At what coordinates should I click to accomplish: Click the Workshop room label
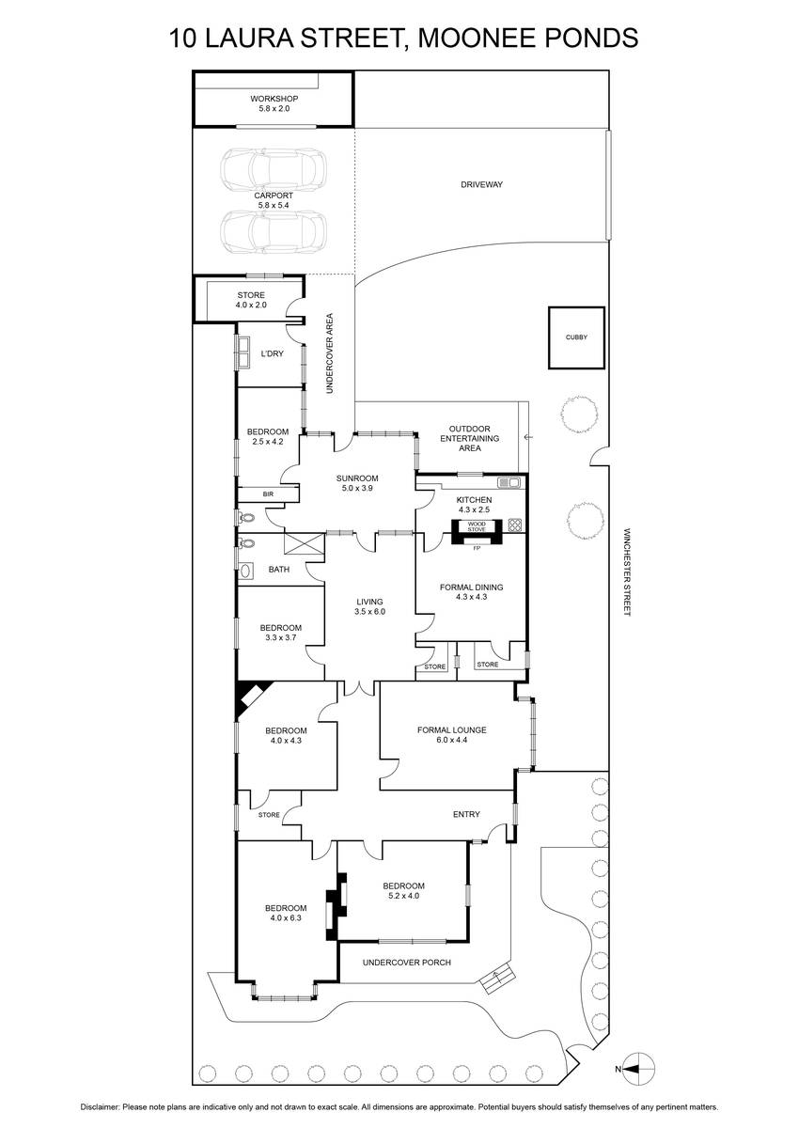coord(274,103)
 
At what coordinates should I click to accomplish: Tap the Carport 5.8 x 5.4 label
coord(274,200)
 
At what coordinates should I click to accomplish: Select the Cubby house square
coord(576,337)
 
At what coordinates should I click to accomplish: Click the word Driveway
coord(482,185)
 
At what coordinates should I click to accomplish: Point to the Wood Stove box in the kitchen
coord(477,526)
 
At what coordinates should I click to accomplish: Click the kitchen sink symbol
coord(509,482)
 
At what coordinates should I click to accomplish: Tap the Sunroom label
coord(357,483)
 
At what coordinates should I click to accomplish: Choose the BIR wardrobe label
coord(268,494)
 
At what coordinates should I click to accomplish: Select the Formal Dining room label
coord(471,591)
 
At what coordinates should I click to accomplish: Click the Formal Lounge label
coord(451,735)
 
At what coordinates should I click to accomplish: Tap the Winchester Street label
coord(627,572)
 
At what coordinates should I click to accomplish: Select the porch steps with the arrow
coord(497,979)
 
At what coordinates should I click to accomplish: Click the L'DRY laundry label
coord(272,353)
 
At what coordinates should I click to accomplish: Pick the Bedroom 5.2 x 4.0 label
coord(404,891)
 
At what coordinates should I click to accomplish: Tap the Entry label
coord(466,814)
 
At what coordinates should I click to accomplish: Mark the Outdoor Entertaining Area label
coord(470,438)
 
